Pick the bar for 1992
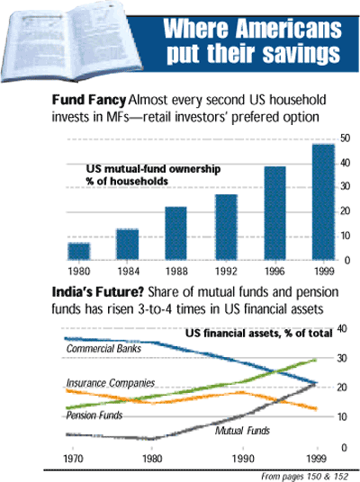(225, 228)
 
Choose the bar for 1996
(274, 214)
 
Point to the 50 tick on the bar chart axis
(344, 138)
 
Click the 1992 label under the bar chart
(225, 269)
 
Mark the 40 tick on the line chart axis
(341, 329)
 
